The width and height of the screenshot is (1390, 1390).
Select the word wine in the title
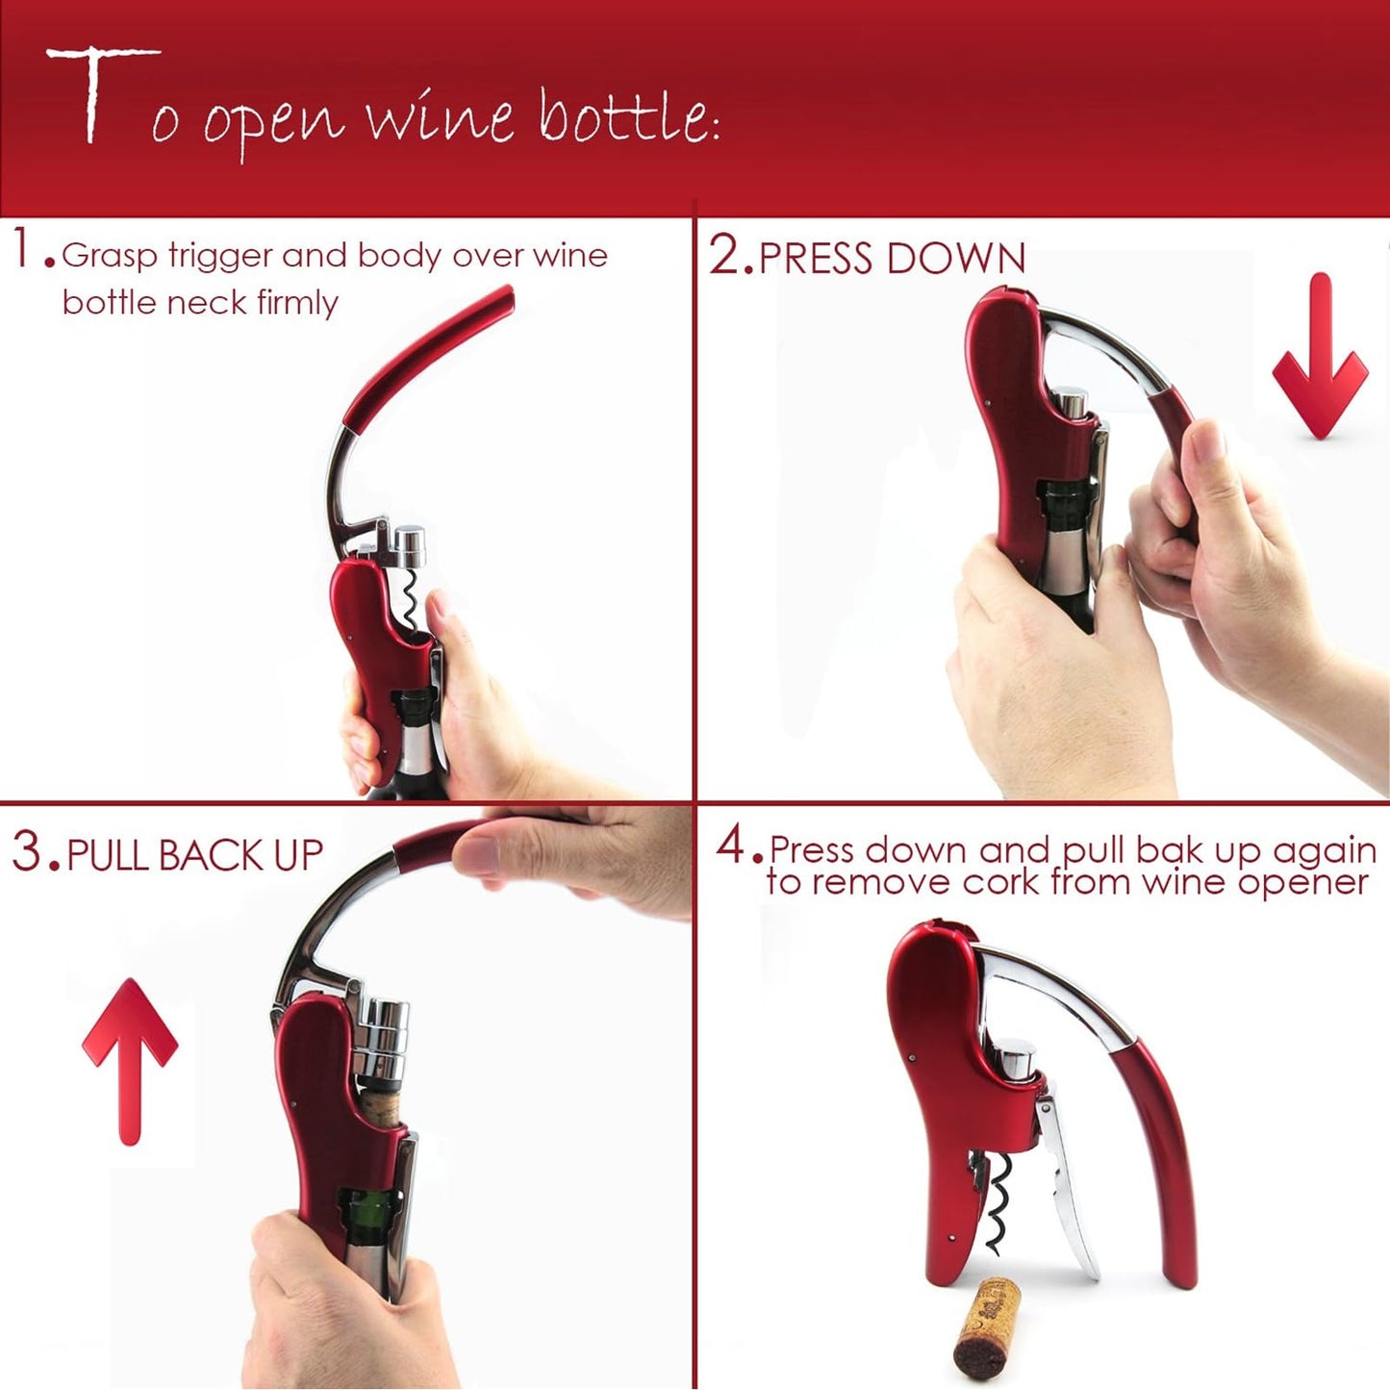pos(439,120)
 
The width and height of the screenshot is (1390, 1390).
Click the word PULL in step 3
pos(108,855)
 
